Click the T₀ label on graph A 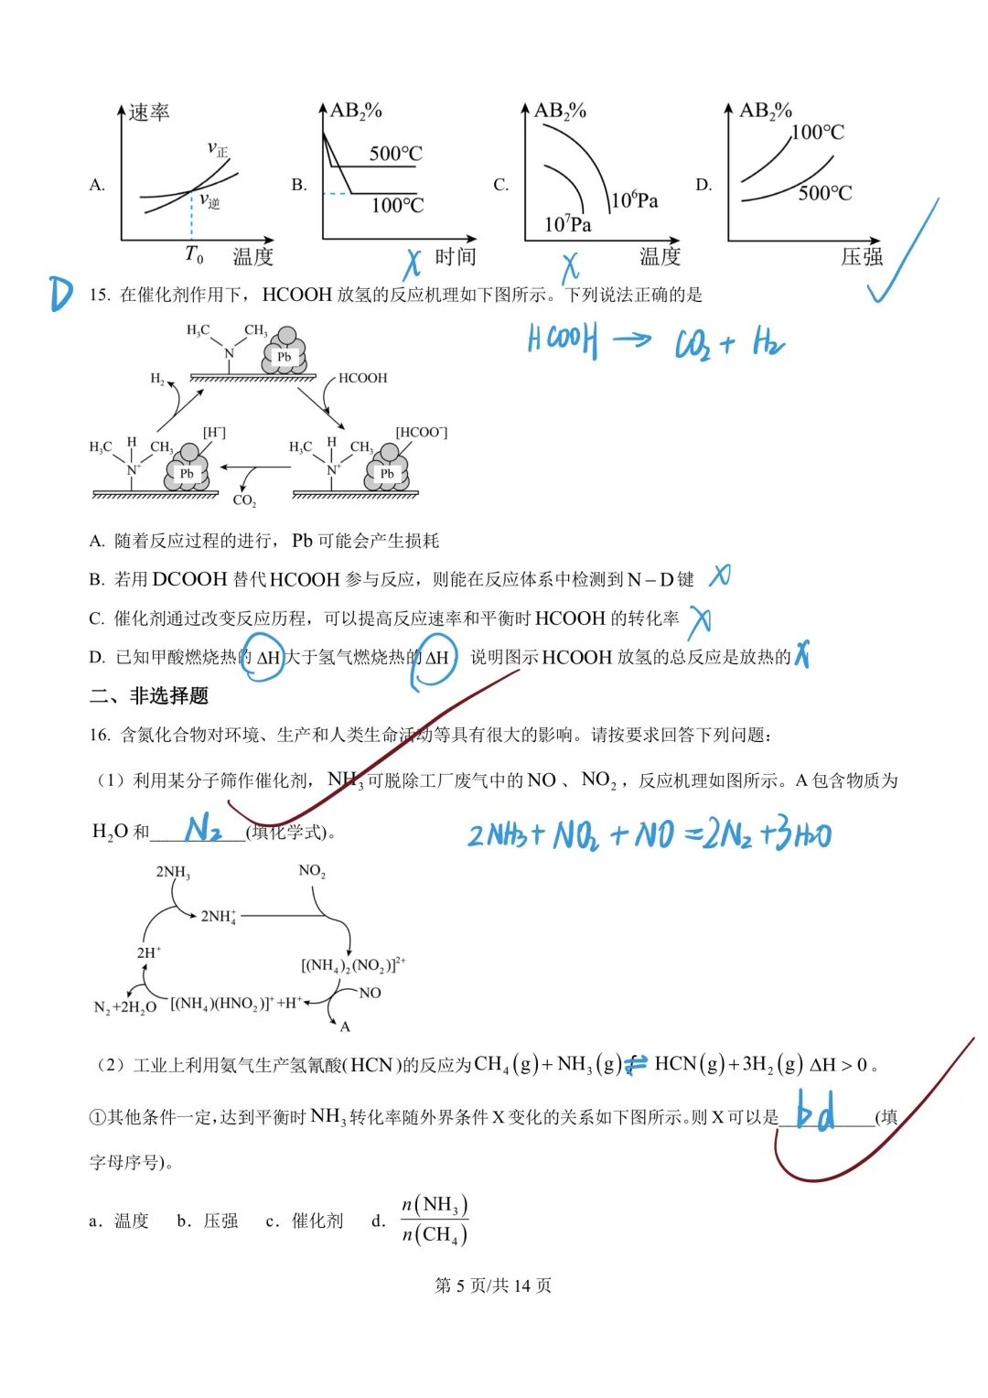click(x=194, y=254)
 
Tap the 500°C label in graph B click(x=395, y=153)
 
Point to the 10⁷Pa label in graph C click(x=567, y=224)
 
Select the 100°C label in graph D click(x=817, y=133)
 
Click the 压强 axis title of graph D click(x=862, y=257)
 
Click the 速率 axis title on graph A click(x=149, y=113)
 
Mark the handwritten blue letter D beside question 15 click(x=61, y=294)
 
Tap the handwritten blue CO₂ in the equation click(x=691, y=344)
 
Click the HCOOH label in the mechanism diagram click(x=362, y=378)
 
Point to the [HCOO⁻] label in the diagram click(x=421, y=432)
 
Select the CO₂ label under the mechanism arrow click(x=244, y=500)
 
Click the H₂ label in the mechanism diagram click(x=157, y=378)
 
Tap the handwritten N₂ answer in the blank click(x=203, y=829)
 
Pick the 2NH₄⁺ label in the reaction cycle click(x=219, y=916)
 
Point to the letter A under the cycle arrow click(x=345, y=1027)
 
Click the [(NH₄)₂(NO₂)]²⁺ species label click(x=353, y=964)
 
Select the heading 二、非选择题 click(x=149, y=696)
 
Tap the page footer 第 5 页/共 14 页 click(x=493, y=1285)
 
